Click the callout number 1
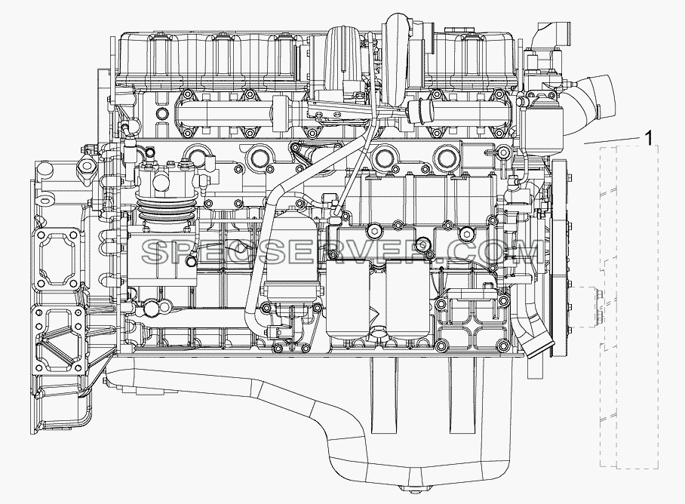pyautogui.click(x=650, y=138)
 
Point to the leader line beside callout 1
pyautogui.click(x=612, y=140)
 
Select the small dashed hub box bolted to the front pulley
pyautogui.click(x=585, y=306)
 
